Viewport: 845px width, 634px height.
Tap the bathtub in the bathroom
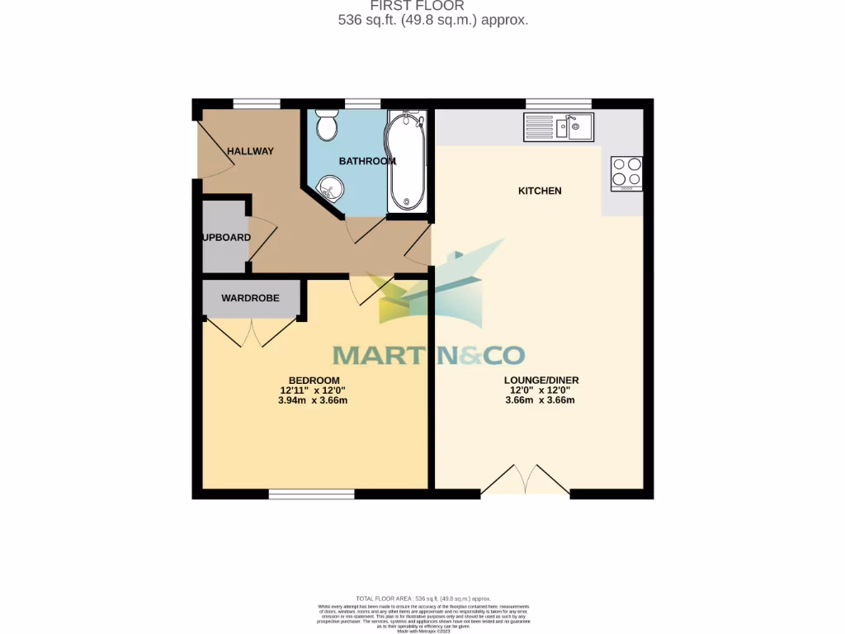pos(407,161)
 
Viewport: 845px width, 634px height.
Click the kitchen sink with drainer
pos(558,127)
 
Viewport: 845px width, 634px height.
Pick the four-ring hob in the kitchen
pos(625,173)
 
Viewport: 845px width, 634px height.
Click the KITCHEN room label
pos(540,191)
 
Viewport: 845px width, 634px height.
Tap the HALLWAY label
pos(250,151)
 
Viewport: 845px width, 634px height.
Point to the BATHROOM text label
pos(367,161)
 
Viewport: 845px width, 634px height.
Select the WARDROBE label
pos(250,298)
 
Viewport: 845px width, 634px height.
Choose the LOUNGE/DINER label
pos(541,381)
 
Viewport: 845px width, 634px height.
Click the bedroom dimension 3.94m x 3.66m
pos(314,401)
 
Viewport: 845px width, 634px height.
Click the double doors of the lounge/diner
pos(525,481)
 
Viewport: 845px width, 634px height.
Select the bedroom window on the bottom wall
pos(311,494)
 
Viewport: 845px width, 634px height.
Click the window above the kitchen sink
pos(559,103)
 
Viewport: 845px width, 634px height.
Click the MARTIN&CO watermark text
pos(428,355)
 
